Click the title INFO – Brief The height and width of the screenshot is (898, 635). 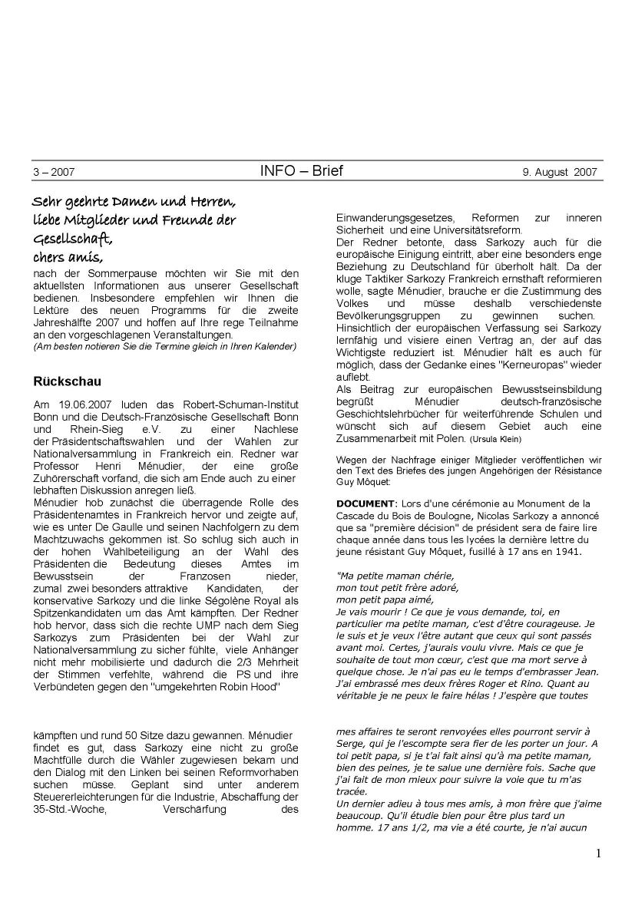(x=301, y=171)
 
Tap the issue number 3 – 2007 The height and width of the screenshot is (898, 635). (x=54, y=173)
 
